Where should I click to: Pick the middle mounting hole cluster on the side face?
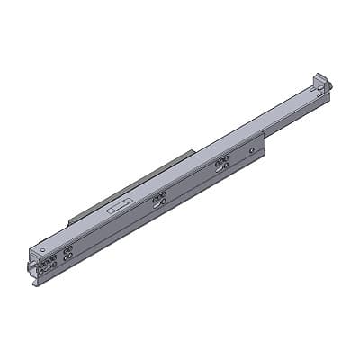(x=159, y=199)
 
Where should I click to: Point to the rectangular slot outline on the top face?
(x=117, y=206)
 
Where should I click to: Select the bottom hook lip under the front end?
(x=39, y=281)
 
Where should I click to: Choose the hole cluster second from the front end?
(x=67, y=255)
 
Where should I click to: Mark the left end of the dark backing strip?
(x=70, y=220)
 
